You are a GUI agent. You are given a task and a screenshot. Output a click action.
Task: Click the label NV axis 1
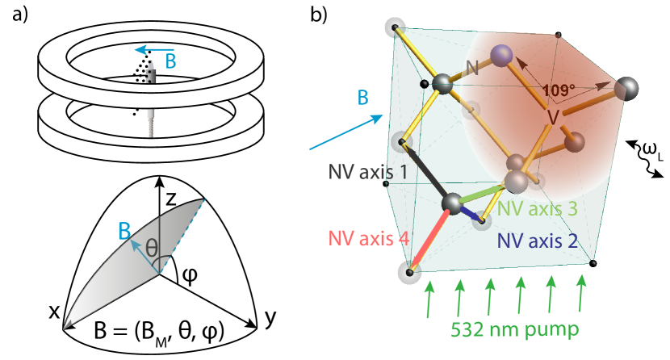point(367,171)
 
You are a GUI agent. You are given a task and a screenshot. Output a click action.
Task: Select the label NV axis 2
point(538,240)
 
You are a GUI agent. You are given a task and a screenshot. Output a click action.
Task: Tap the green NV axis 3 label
point(537,208)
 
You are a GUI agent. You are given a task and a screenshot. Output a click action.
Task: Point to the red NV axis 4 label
point(368,239)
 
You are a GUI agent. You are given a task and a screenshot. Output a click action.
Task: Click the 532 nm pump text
point(515,329)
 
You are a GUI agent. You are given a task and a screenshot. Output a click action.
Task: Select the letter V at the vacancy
point(553,117)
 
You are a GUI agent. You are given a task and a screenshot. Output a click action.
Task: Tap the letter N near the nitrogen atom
point(472,68)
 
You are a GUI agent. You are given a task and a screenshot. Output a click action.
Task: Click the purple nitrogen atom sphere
point(501,55)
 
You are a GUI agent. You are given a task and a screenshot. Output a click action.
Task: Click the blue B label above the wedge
point(124,232)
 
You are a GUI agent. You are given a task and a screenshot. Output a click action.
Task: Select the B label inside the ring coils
point(171,61)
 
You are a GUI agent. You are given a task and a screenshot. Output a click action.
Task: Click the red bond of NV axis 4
point(428,241)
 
